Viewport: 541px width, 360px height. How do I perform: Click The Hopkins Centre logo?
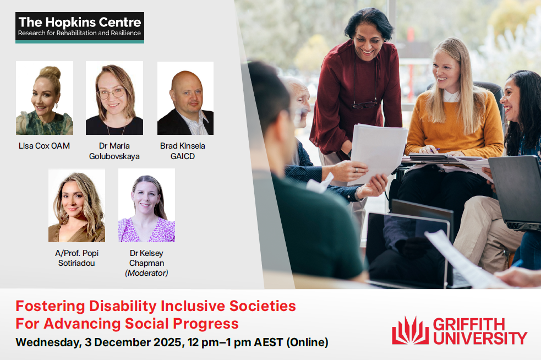pyautogui.click(x=80, y=28)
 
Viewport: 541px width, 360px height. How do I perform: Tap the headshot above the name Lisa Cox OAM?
pyautogui.click(x=45, y=98)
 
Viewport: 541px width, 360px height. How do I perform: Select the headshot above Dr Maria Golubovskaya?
pyautogui.click(x=114, y=98)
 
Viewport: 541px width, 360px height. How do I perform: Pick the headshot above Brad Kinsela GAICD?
pyautogui.click(x=185, y=99)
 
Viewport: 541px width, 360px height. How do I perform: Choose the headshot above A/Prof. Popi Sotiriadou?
pyautogui.click(x=76, y=205)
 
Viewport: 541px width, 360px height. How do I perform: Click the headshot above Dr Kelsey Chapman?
pyautogui.click(x=146, y=205)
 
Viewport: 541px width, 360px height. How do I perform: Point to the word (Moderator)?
pyautogui.click(x=146, y=273)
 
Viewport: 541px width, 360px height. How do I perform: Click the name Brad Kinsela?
pyautogui.click(x=183, y=146)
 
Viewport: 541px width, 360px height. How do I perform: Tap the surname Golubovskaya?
pyautogui.click(x=114, y=156)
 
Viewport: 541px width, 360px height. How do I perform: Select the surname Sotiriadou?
pyautogui.click(x=76, y=263)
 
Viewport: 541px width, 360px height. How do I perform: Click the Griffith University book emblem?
pyautogui.click(x=410, y=331)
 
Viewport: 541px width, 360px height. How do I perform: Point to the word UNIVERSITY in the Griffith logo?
pyautogui.click(x=480, y=338)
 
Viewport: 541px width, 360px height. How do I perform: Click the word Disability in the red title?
pyautogui.click(x=123, y=306)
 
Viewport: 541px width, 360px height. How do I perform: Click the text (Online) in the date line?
pyautogui.click(x=308, y=342)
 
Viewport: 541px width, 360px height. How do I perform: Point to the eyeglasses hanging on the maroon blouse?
pyautogui.click(x=364, y=104)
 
